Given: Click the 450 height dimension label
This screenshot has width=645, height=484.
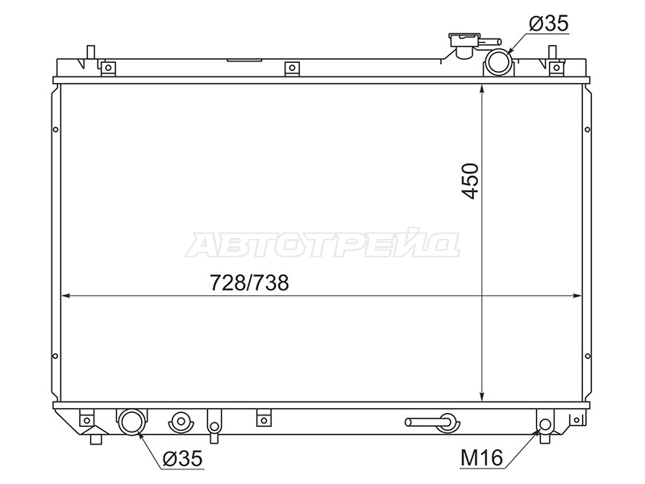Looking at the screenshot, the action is [470, 181].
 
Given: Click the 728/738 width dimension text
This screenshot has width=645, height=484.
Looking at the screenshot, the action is [250, 283].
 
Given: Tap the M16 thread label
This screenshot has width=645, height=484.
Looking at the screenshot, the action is [481, 457].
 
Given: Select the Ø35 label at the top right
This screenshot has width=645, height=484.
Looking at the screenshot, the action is [549, 23].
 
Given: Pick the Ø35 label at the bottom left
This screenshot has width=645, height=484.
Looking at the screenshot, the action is [182, 458].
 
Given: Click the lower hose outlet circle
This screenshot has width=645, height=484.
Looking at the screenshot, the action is [131, 421].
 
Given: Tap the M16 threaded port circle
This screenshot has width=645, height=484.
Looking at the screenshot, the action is [545, 424].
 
